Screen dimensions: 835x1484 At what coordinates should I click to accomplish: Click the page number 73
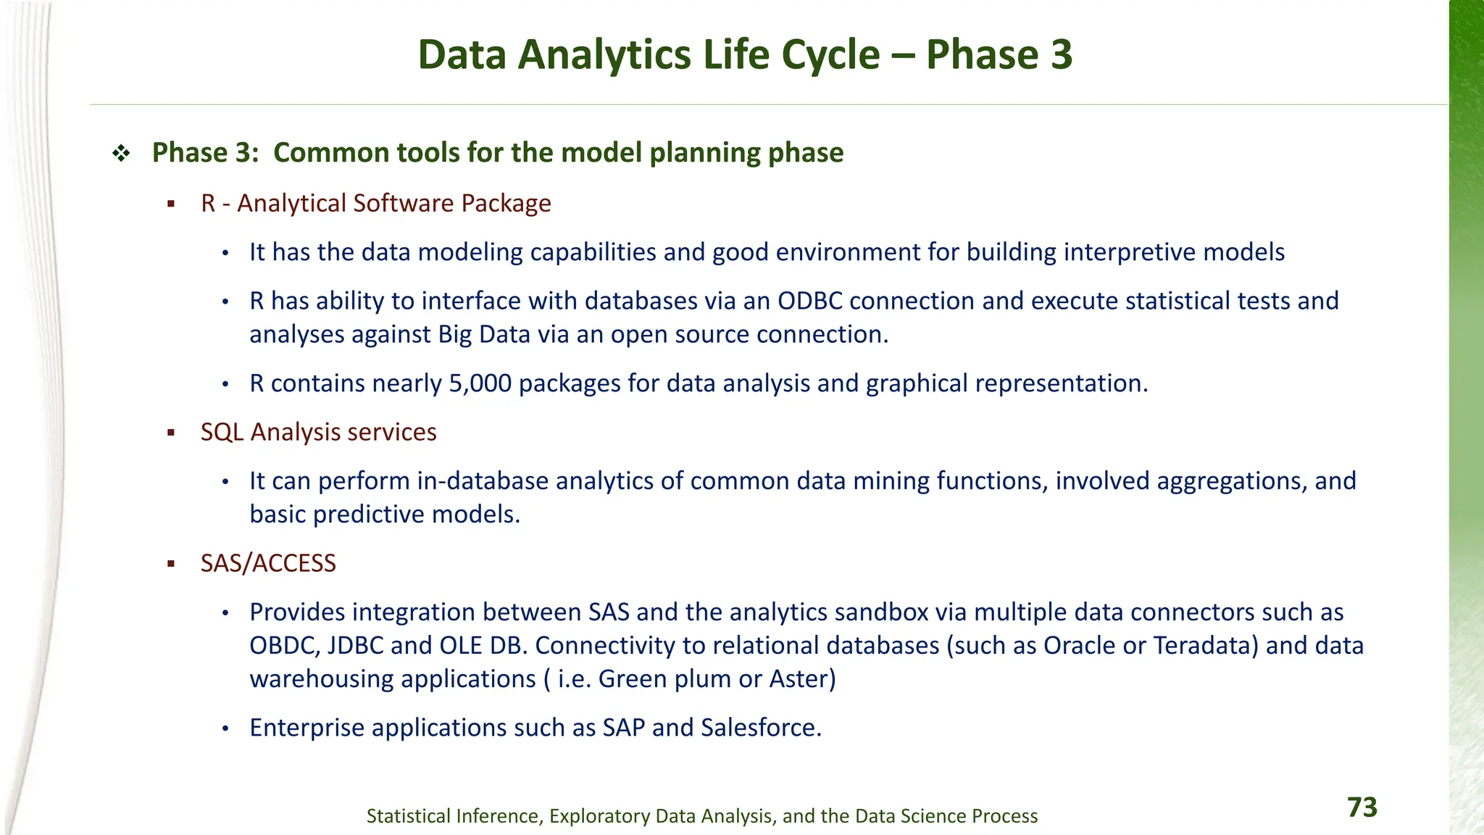[1362, 807]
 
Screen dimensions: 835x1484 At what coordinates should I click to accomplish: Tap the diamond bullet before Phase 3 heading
[121, 153]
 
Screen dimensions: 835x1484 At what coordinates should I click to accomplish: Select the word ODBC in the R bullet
[809, 301]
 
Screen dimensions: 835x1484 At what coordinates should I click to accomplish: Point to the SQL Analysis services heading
[318, 432]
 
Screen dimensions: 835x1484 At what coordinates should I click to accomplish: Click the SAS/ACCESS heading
[268, 563]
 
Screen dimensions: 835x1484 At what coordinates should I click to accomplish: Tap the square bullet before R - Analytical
[171, 204]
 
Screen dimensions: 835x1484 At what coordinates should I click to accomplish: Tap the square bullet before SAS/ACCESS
[171, 564]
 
